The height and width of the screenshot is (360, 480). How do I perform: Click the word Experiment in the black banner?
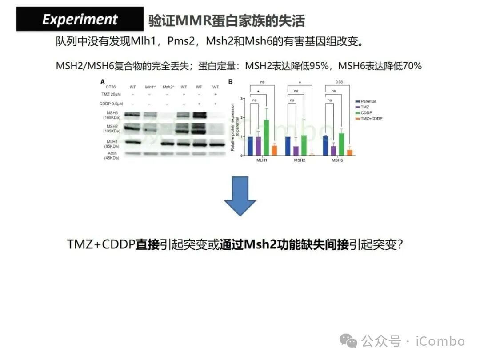coord(80,20)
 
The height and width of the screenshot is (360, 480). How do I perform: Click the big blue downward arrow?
coord(240,196)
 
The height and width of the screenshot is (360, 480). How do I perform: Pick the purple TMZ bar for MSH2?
coord(296,151)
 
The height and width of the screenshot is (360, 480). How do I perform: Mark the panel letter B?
coord(230,82)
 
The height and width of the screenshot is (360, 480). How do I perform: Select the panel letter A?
coord(103,82)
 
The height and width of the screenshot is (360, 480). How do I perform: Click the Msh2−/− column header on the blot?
coord(168,87)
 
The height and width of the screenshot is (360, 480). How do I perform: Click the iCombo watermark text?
coord(440,341)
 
